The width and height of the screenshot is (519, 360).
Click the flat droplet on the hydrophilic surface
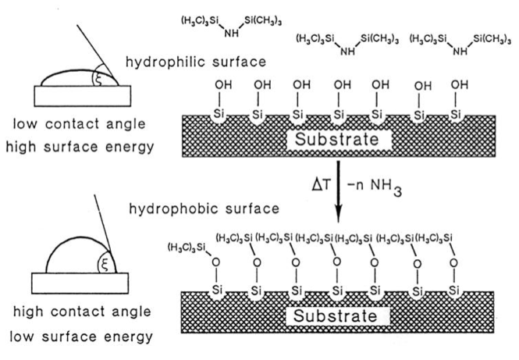coord(66,78)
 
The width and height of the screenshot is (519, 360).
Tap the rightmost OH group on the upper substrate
coord(461,84)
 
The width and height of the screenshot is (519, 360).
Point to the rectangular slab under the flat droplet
coord(74,94)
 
